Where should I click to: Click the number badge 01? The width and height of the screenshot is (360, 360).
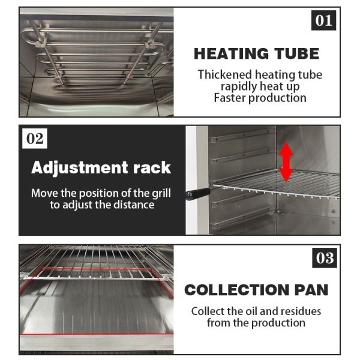click(323, 20)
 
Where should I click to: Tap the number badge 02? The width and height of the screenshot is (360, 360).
click(35, 139)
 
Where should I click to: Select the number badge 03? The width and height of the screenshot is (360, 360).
click(325, 257)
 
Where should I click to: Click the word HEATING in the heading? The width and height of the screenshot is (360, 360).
click(231, 54)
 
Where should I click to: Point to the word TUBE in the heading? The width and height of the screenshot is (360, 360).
click(298, 54)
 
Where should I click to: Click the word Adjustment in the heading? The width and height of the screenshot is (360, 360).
click(80, 168)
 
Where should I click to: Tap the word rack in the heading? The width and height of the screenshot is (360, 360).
click(152, 167)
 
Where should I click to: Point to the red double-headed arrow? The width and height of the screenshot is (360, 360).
click(286, 161)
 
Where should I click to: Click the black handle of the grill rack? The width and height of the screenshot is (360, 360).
click(198, 194)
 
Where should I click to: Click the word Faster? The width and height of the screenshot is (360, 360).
click(230, 98)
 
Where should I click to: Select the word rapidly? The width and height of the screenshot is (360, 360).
click(239, 87)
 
